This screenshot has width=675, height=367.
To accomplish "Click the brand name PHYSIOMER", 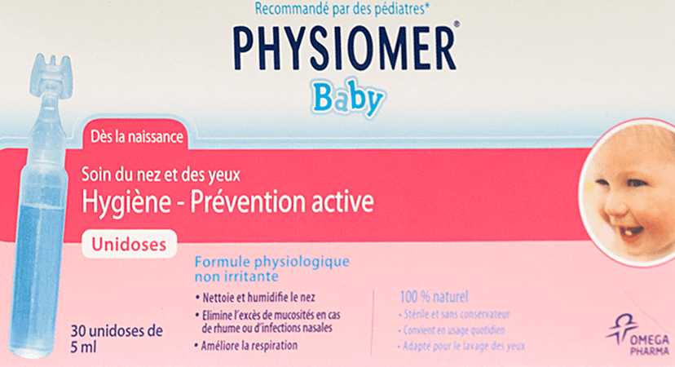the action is click(344, 49).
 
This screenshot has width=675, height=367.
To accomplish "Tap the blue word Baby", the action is click(348, 98).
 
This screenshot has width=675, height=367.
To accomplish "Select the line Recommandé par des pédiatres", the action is click(342, 9).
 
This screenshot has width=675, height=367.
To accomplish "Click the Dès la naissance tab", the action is click(136, 136).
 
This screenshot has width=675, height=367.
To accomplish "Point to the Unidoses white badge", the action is click(129, 244).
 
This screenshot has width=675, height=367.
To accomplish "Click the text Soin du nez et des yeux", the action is click(161, 175).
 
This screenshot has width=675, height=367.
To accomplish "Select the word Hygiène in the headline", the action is click(126, 201).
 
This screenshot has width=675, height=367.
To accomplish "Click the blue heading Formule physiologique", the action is click(272, 262).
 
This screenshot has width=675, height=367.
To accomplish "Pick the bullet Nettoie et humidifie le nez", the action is click(255, 297).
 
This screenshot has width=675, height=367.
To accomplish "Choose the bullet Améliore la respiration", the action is click(246, 346).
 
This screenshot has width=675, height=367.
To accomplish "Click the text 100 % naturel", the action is click(434, 296).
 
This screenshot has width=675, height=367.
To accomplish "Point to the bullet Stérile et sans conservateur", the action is click(454, 315).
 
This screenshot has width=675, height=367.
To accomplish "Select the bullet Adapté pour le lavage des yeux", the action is click(461, 346).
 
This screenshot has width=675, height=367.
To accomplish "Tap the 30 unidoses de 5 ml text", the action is click(117, 338).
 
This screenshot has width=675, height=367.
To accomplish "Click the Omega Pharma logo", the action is click(638, 335).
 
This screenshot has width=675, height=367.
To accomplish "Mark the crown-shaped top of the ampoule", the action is click(51, 74).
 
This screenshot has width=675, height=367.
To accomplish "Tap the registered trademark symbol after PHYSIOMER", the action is click(457, 24).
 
